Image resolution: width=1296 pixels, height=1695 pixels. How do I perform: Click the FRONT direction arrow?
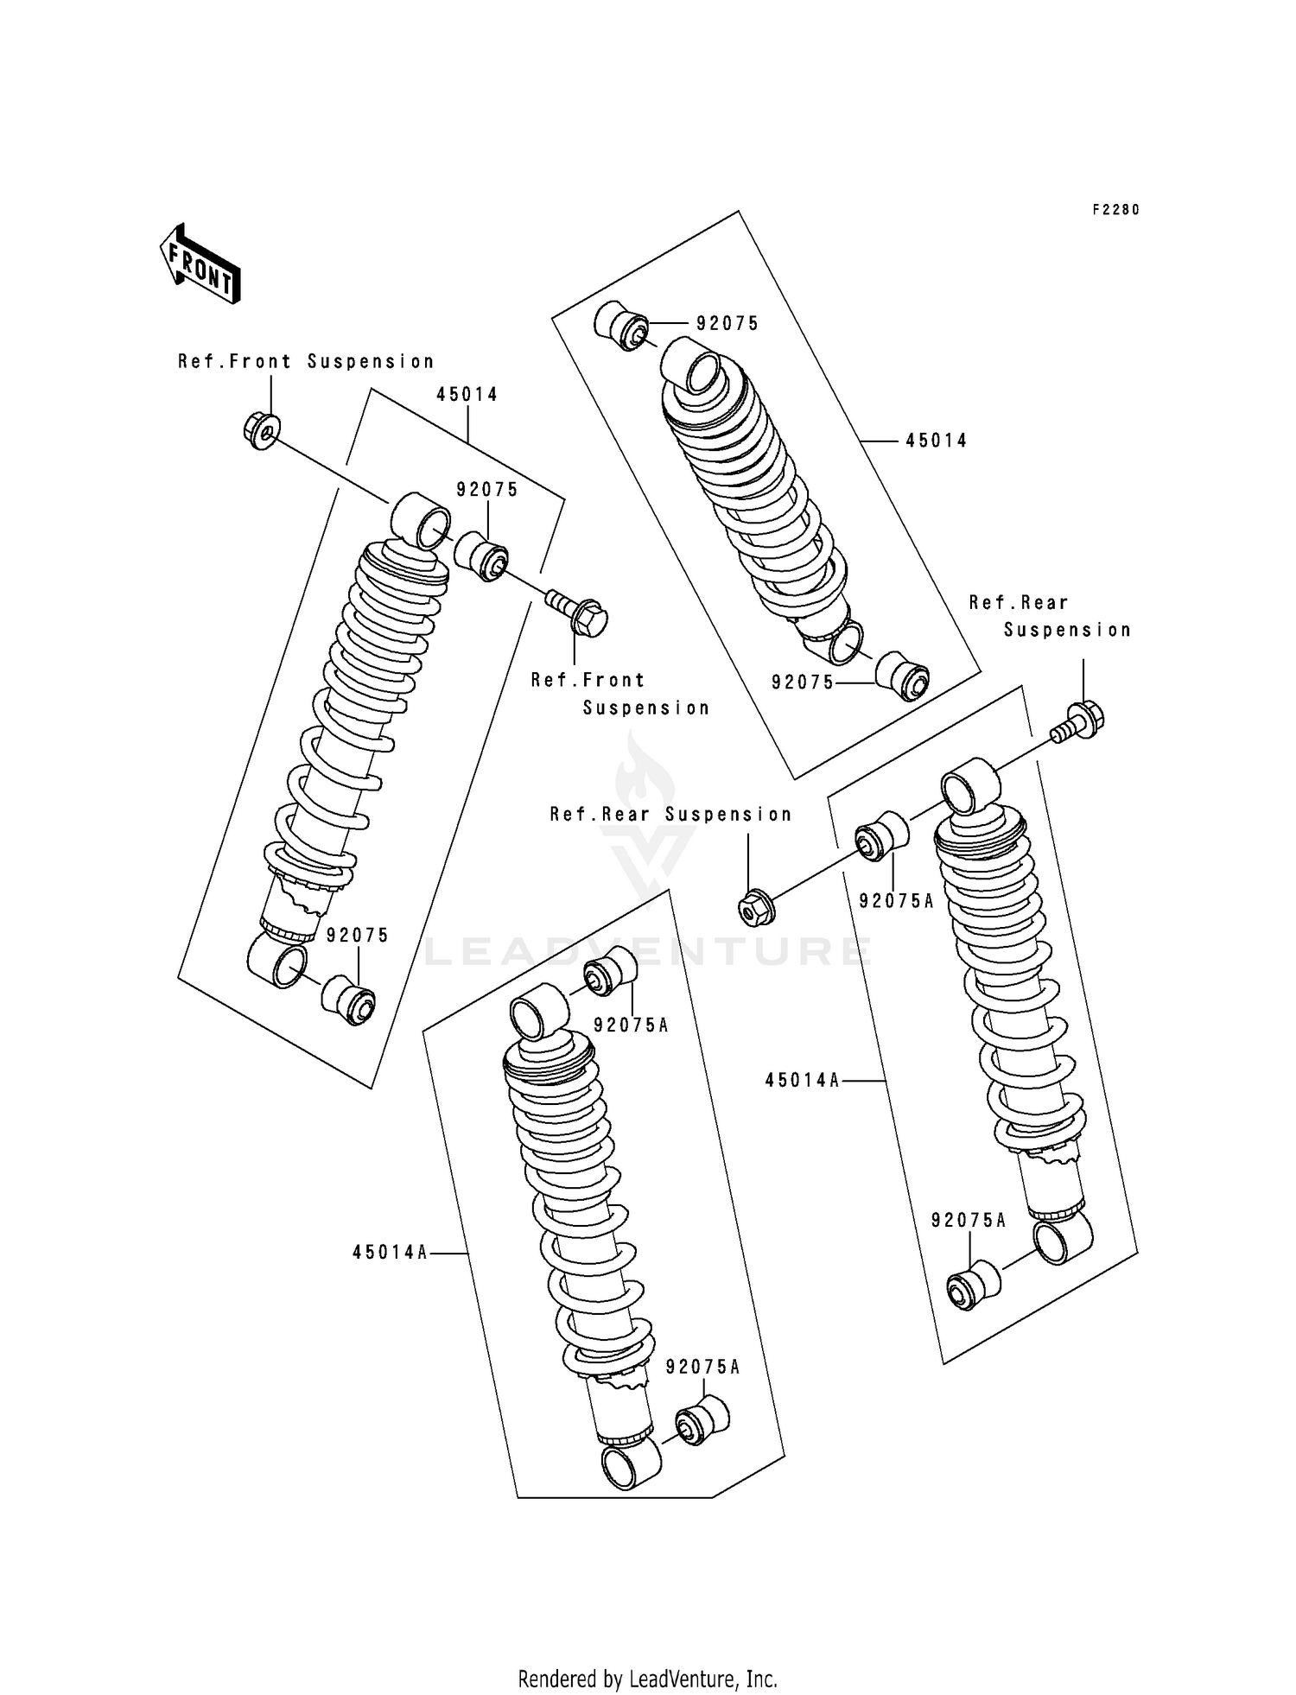coord(200,263)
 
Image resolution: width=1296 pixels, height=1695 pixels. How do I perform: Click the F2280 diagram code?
coord(1115,210)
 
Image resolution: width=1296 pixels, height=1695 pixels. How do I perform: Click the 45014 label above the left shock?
coord(467,395)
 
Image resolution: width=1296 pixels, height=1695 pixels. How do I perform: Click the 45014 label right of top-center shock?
coord(936,441)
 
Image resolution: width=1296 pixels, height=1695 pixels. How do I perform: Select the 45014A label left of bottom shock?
coord(390,1252)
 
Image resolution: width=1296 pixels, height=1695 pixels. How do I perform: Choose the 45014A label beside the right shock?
coord(802,1080)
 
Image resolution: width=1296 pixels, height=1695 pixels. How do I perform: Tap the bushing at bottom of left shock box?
coord(349,1000)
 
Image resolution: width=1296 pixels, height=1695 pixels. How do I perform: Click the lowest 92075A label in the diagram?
coord(702,1367)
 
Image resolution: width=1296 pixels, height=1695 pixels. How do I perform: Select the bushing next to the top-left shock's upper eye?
coord(482,556)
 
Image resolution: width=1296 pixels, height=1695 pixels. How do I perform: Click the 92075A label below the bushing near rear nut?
coord(896,901)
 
